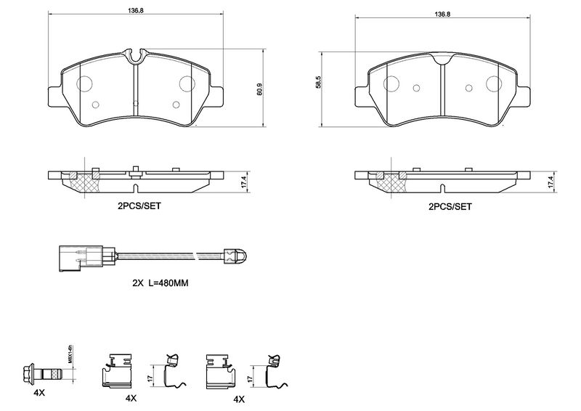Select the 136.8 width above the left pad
point(135,11)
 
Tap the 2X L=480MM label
point(161,282)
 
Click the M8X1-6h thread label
point(71,354)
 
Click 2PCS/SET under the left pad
point(139,206)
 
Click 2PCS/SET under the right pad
point(450,206)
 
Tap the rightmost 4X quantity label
point(239,399)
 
